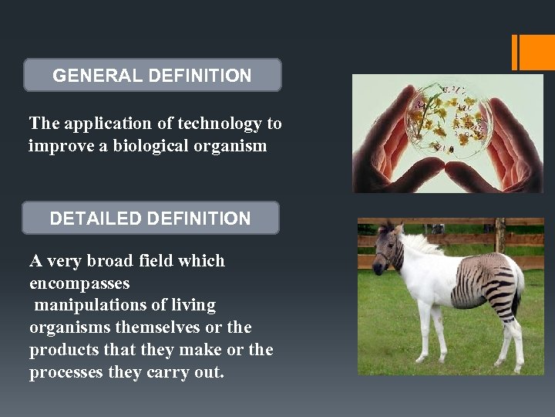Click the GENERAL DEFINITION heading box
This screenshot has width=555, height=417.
point(152,76)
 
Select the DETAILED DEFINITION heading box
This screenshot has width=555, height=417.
point(150,219)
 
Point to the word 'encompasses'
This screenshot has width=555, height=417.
point(79,283)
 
